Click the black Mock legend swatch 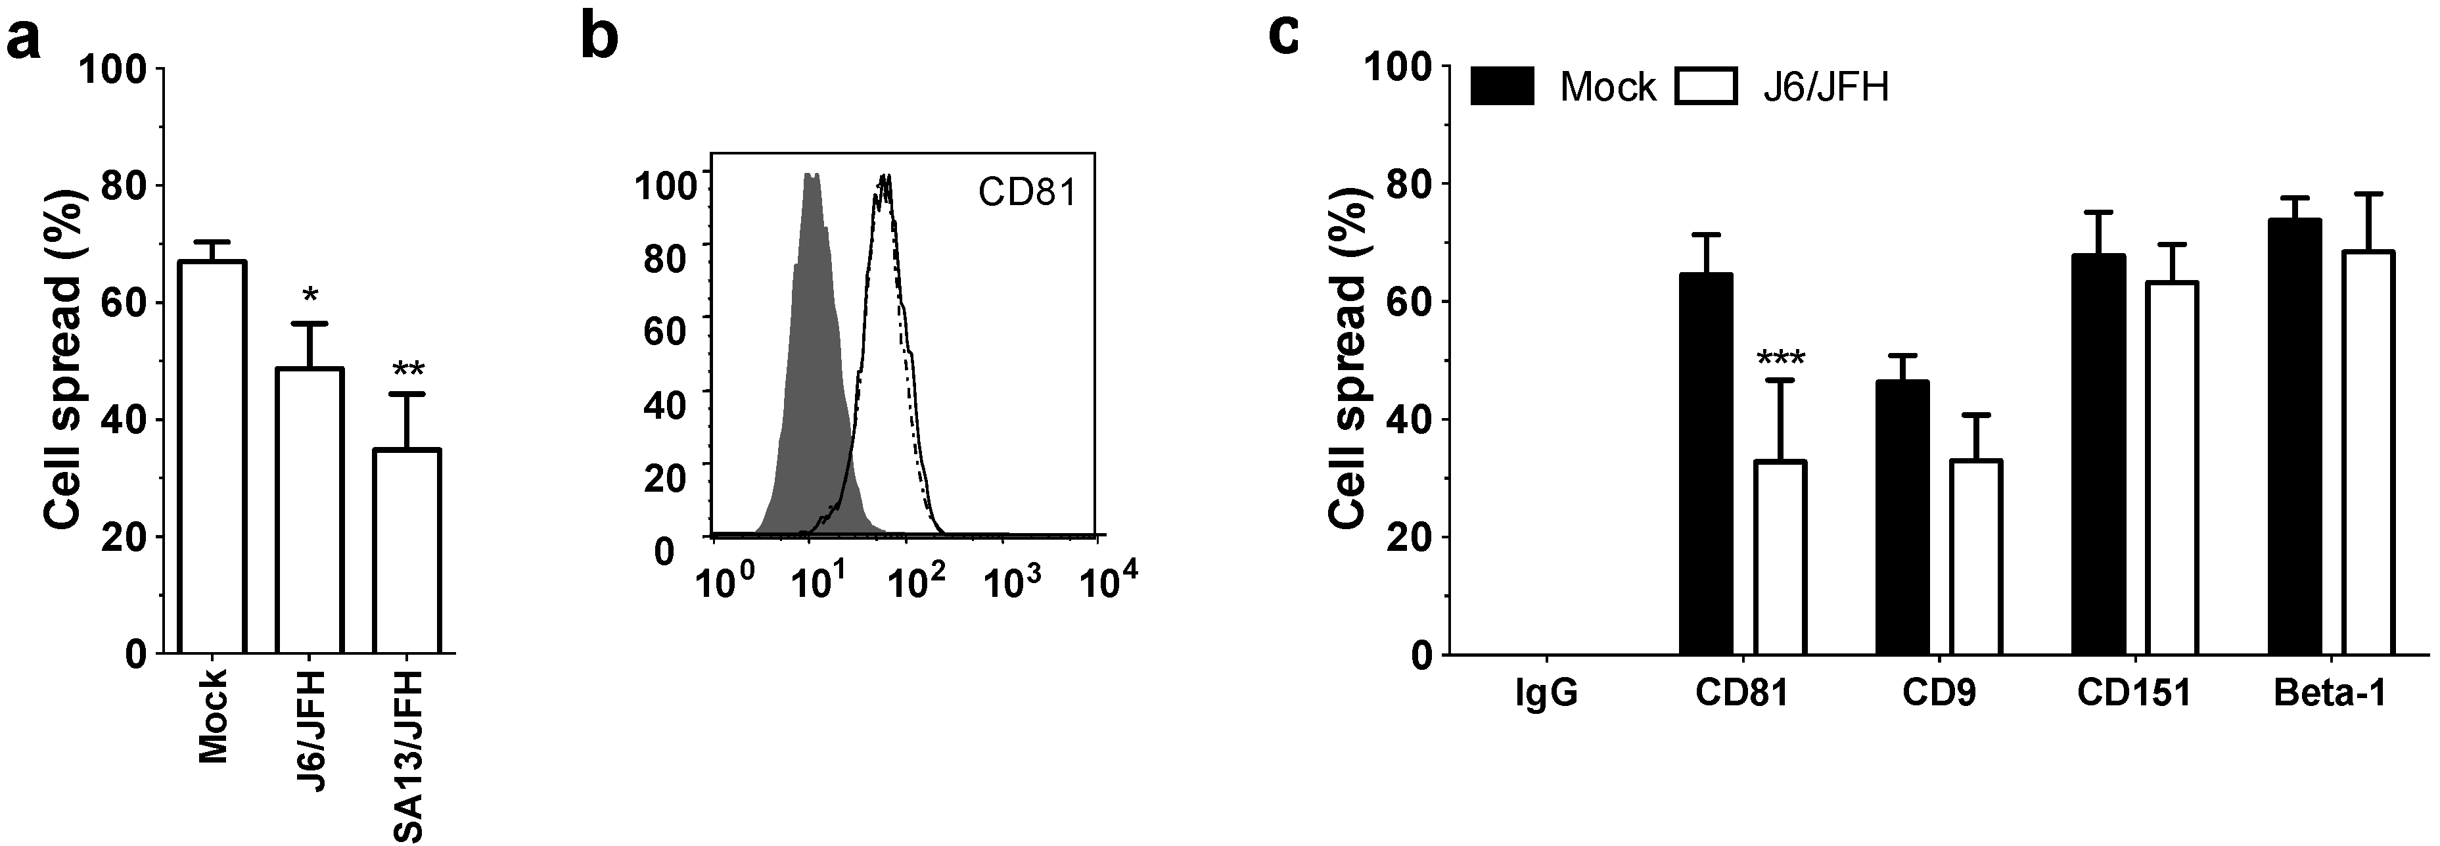(x=1502, y=87)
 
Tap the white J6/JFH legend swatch (x=1706, y=87)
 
